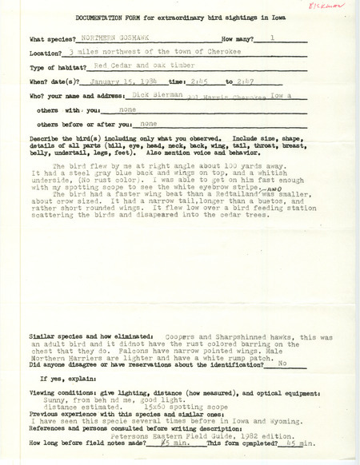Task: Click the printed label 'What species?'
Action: (x=55, y=38)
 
